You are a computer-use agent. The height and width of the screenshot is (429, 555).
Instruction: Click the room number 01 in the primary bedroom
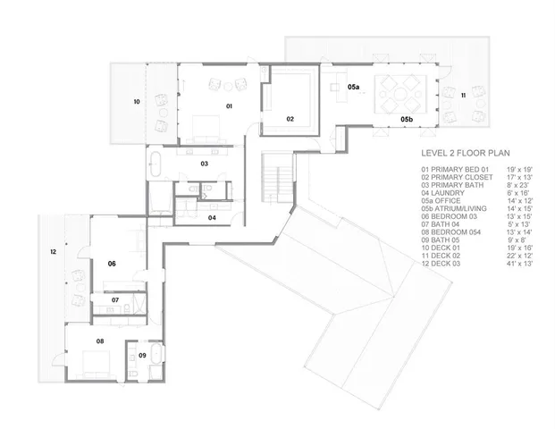click(x=228, y=106)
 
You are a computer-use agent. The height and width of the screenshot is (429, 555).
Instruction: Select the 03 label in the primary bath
click(x=204, y=164)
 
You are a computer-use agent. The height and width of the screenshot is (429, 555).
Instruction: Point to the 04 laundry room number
click(x=212, y=217)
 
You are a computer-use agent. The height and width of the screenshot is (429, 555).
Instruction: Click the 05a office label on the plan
click(x=353, y=87)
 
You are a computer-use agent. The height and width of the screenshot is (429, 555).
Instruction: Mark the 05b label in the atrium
click(x=406, y=119)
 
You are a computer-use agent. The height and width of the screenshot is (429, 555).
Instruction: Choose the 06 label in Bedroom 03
click(x=112, y=264)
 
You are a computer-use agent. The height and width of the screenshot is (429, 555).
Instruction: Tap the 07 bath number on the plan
click(x=115, y=299)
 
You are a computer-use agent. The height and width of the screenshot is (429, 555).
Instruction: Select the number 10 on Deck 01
click(x=137, y=103)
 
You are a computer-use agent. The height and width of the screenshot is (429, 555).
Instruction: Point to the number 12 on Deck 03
click(x=53, y=253)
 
